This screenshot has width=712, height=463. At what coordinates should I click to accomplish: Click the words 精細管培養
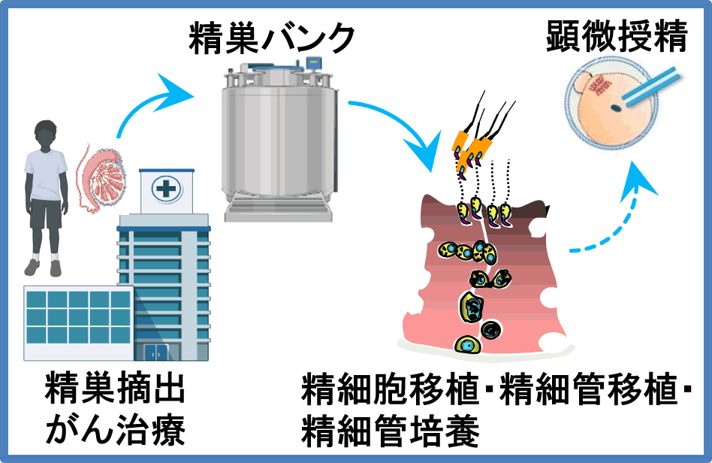pos(390,431)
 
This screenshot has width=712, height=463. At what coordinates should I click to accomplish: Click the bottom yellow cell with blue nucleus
pos(467,344)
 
